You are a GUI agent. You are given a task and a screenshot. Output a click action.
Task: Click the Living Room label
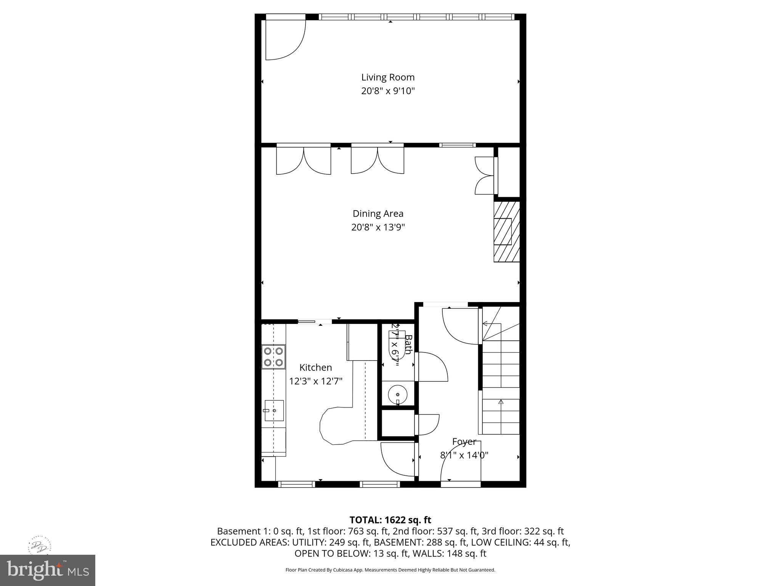coord(388,77)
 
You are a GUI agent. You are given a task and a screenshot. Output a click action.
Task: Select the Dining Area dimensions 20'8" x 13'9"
coord(378,227)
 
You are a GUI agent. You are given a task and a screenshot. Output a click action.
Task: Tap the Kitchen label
coord(315,367)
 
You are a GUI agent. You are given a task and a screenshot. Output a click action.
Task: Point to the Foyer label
coord(464,442)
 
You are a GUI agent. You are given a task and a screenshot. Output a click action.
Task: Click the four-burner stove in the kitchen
coord(273,356)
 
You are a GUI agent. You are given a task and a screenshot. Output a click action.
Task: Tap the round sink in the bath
coord(398,394)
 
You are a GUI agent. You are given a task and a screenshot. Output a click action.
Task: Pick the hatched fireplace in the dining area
coord(506,232)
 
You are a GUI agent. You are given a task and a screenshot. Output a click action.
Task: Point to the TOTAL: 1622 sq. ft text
coord(390,520)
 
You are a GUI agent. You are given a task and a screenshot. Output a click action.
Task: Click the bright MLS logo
coord(48,570)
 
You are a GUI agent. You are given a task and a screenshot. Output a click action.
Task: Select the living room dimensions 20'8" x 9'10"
coord(388,91)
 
